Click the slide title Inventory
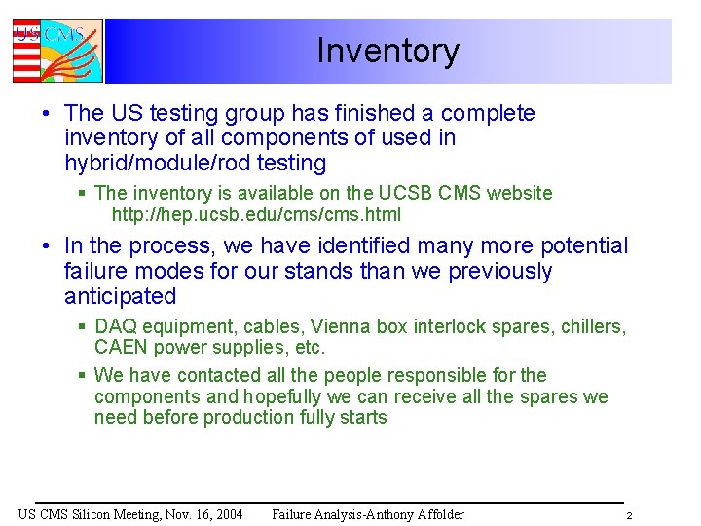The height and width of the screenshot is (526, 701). tap(387, 51)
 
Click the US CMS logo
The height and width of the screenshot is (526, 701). tap(56, 51)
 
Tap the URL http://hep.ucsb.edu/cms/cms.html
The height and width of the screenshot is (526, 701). tap(256, 215)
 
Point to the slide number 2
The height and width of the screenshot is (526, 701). tap(629, 515)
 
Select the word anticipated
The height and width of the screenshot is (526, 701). tap(120, 296)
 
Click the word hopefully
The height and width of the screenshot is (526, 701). tap(285, 396)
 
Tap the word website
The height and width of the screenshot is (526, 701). tap(517, 194)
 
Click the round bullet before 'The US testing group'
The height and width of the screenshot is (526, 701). tap(47, 114)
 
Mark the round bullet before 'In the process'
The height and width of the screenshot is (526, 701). tap(47, 246)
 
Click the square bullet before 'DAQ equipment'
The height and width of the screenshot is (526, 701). tap(83, 326)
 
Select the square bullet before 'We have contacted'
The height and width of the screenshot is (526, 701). tap(83, 375)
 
